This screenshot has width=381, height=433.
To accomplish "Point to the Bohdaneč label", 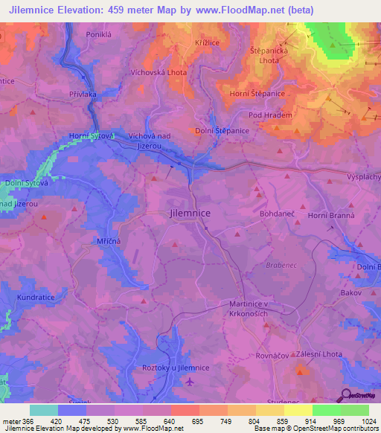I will (278, 213).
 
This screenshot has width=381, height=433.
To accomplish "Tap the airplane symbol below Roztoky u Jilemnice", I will (190, 382).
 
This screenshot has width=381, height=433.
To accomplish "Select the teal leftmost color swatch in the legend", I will (44, 409).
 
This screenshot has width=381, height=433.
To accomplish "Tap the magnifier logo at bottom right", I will (346, 394).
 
